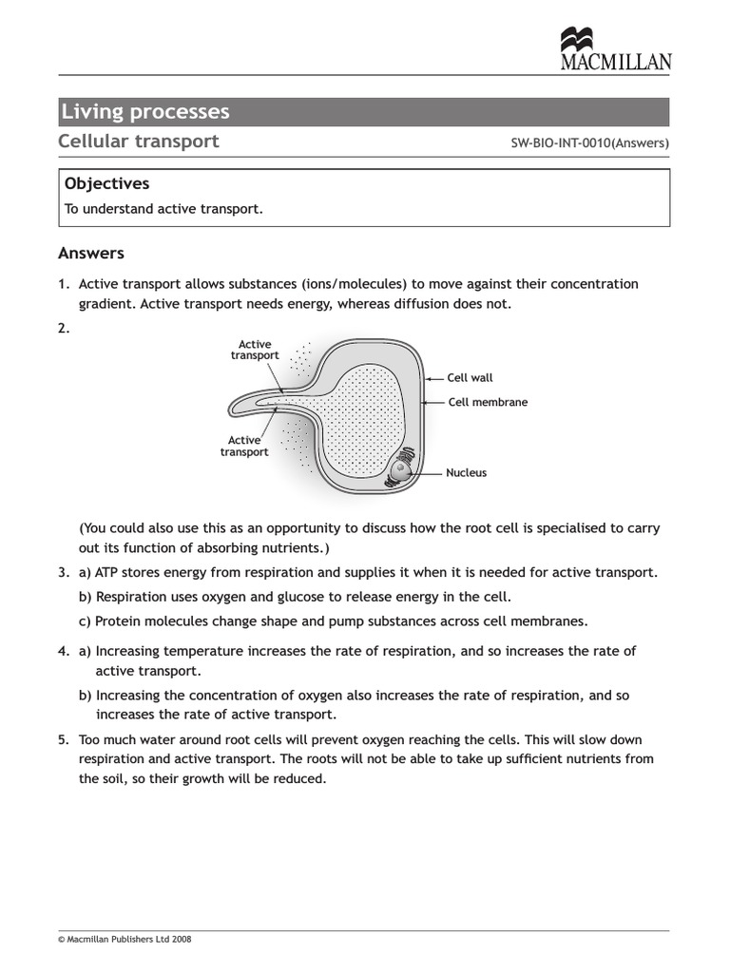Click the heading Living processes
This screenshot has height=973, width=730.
[145, 112]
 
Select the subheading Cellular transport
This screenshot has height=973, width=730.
[139, 142]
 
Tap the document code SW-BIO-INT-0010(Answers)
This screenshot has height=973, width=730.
[590, 143]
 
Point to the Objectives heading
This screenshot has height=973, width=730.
[106, 183]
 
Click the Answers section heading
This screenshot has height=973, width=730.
[91, 253]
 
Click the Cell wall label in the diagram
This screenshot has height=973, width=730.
[470, 378]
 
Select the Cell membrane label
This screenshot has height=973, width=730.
[488, 402]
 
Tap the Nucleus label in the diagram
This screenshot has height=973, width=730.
[466, 472]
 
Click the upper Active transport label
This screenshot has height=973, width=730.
[255, 350]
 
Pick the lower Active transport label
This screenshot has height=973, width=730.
[244, 446]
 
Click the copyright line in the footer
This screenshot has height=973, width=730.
[125, 939]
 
